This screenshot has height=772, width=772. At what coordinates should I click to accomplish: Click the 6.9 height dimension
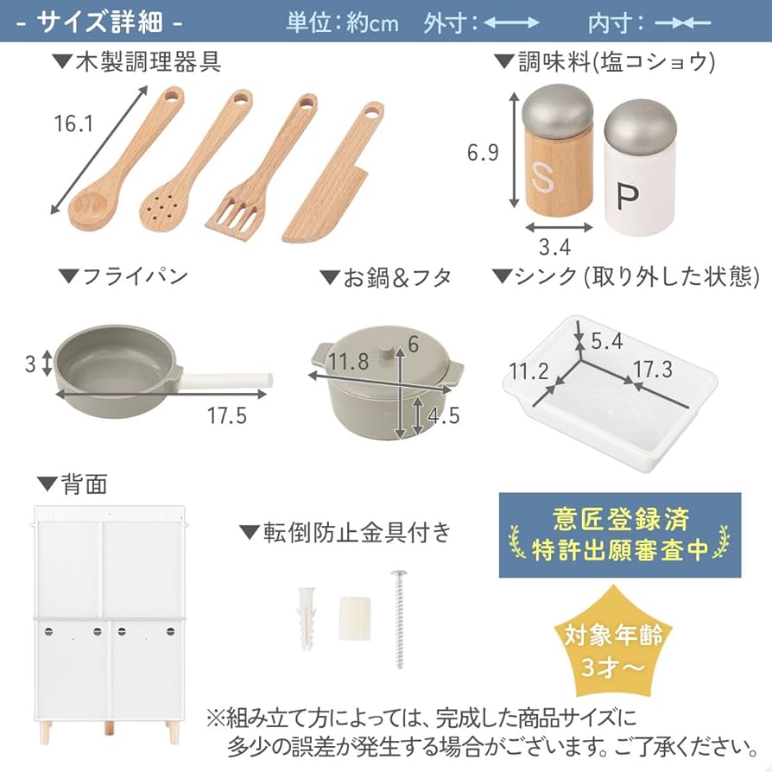[483, 154]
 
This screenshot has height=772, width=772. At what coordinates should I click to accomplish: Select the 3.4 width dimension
[554, 247]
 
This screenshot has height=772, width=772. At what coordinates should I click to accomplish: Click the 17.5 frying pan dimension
[225, 415]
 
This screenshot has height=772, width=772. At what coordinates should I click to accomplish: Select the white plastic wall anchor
[307, 618]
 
